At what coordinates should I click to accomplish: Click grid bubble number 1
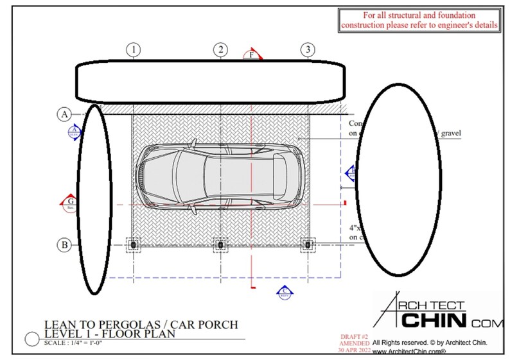pos(133,49)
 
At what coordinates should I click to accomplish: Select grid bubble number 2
pos(220,49)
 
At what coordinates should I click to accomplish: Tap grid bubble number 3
pos(308,49)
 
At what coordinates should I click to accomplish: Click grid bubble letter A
pos(64,115)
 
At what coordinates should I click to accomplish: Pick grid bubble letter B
pos(64,244)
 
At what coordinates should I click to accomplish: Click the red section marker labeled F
pos(252,55)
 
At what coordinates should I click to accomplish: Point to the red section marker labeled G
pos(69,203)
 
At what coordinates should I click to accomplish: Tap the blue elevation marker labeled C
pos(283,291)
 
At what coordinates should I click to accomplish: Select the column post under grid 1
pos(133,244)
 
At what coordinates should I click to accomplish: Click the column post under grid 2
pos(220,244)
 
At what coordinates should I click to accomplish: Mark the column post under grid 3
pos(308,244)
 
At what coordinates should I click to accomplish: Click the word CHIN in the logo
pos(434,319)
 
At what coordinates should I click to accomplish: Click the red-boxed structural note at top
pos(420,20)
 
